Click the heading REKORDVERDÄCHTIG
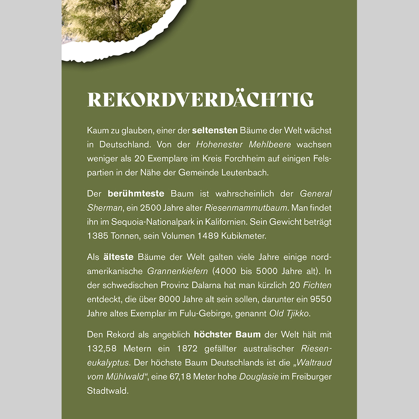[200, 100]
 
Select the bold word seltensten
[215, 131]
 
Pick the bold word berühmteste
[139, 194]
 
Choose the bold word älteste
[119, 257]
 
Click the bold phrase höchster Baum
[227, 335]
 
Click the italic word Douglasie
[259, 377]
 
